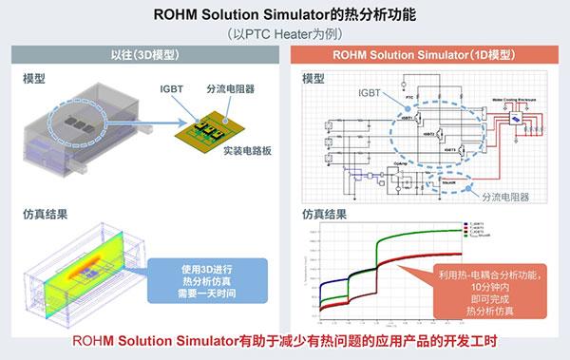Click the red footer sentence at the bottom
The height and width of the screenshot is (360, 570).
284,343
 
